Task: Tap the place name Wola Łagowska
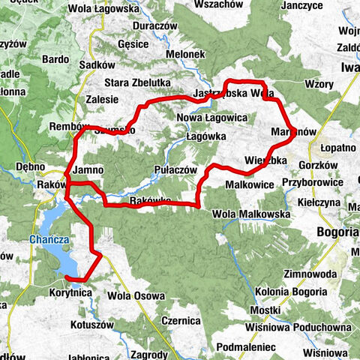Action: coord(103,9)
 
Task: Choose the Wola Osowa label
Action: coord(135,295)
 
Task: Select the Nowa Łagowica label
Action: coord(212,118)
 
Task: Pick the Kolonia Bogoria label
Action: coord(291,291)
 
